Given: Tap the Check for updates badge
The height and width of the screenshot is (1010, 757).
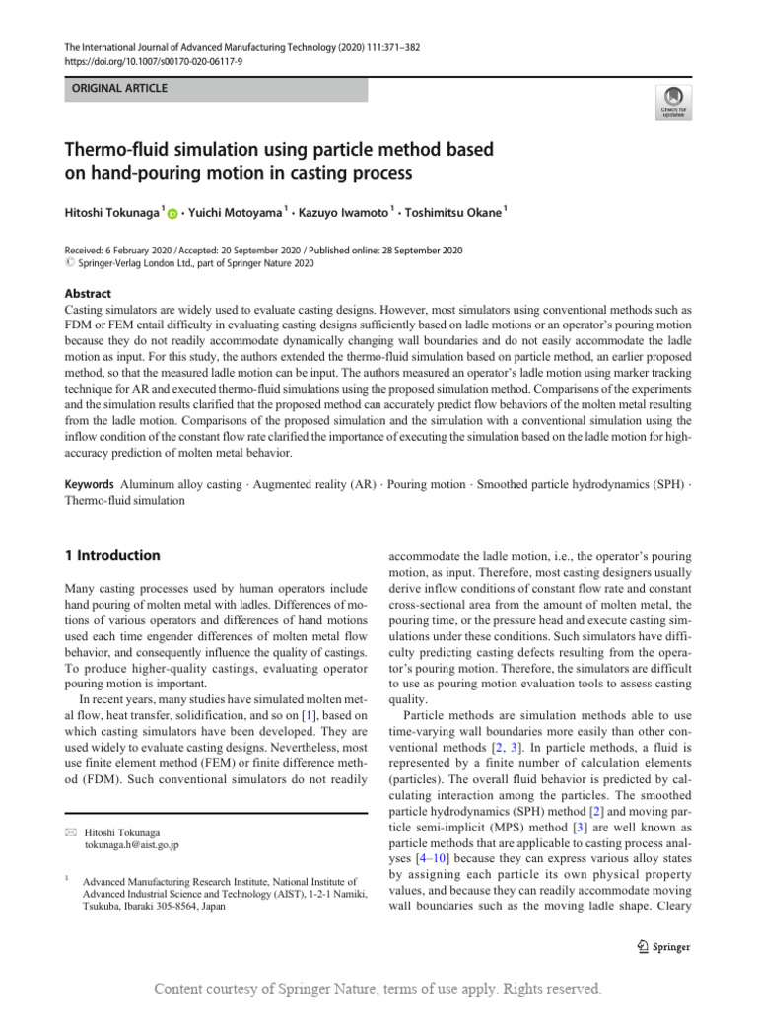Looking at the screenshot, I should (x=672, y=101).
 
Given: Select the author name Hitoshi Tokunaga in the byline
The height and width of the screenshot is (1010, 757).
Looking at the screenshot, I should (x=111, y=212).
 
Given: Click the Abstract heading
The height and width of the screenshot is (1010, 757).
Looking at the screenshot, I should (x=88, y=294).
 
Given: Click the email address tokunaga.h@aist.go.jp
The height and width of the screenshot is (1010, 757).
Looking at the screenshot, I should (x=132, y=844).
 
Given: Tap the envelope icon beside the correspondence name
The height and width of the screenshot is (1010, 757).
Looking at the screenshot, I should (x=68, y=831).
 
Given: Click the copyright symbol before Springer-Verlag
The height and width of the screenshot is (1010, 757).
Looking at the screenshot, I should (x=68, y=264).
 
